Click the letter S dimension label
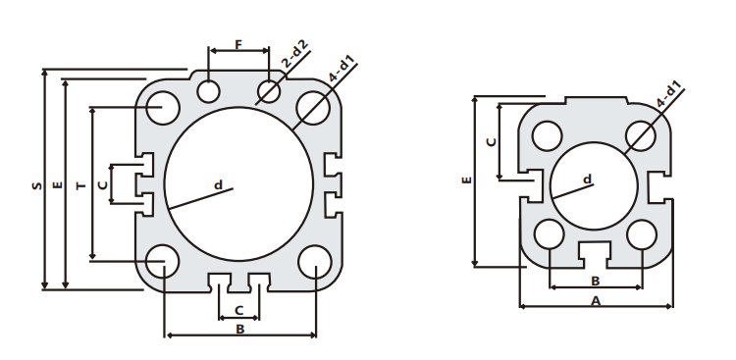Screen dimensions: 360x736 pos(34,183)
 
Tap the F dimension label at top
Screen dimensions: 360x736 pos(239,45)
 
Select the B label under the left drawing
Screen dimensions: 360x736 pos(239,330)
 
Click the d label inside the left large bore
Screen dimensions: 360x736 pos(218,183)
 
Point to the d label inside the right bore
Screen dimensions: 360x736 pos(587,179)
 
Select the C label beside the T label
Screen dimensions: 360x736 pos(102,183)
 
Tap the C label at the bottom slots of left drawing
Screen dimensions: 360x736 pos(239,310)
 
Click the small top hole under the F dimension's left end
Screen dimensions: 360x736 pos(208,91)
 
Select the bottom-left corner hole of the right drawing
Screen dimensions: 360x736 pos(550,233)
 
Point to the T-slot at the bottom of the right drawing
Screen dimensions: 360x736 pos(595,252)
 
